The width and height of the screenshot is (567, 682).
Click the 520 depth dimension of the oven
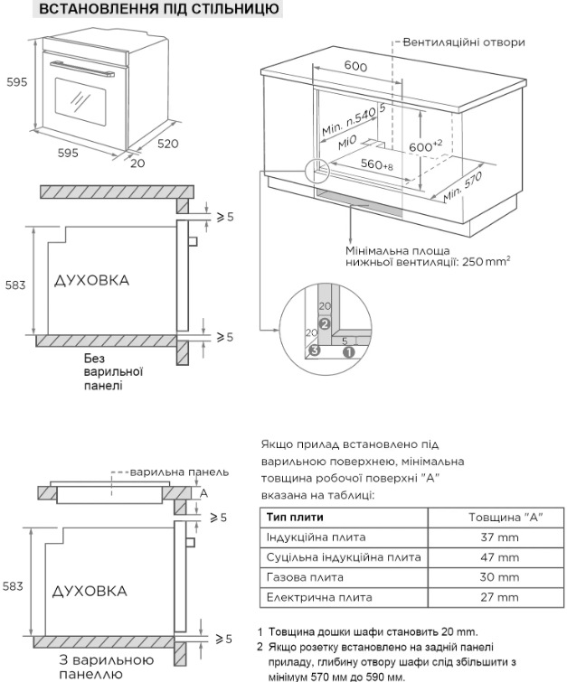(x=168, y=143)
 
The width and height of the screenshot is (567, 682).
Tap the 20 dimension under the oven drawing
(x=137, y=163)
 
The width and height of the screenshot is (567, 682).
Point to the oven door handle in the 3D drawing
(x=82, y=69)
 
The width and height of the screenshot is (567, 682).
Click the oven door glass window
(x=80, y=102)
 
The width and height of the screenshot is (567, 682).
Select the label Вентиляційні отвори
(x=464, y=42)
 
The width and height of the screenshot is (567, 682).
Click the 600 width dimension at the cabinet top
(x=355, y=66)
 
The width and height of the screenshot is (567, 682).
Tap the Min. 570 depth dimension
(x=462, y=187)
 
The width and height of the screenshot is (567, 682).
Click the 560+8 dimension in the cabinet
(x=377, y=164)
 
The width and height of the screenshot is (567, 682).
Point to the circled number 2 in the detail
(x=325, y=323)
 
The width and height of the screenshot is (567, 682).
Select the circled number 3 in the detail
(x=315, y=350)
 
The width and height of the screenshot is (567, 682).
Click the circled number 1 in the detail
(x=349, y=351)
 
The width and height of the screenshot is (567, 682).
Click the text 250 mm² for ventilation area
(x=486, y=261)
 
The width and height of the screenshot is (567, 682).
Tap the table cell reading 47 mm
(x=500, y=557)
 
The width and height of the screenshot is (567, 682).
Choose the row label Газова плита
(x=305, y=577)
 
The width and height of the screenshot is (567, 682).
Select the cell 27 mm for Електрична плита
(x=500, y=597)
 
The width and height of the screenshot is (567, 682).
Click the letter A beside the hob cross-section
(x=203, y=493)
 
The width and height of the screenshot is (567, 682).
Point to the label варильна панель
(x=179, y=472)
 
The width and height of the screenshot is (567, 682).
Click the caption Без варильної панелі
(x=114, y=372)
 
